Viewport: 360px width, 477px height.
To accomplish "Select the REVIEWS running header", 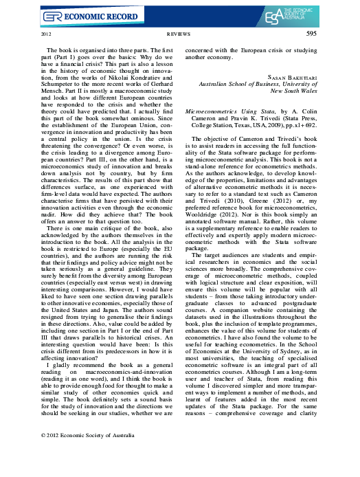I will (179, 33).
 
